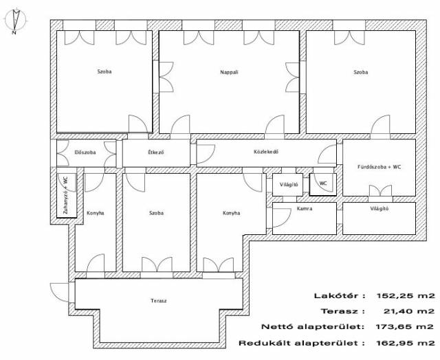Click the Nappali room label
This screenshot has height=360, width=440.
point(229,72)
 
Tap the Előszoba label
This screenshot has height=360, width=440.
point(85,153)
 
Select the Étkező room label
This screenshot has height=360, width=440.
point(156,153)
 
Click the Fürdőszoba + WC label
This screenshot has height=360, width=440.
point(379,167)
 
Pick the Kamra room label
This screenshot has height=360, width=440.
point(305,209)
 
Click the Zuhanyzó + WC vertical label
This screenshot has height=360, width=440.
point(66,195)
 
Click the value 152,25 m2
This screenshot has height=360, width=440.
point(405,295)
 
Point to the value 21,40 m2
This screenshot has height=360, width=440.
point(408,311)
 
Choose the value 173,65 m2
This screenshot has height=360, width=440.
point(404,327)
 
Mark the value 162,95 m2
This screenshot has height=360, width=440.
point(405,343)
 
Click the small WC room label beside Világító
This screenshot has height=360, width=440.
point(323,183)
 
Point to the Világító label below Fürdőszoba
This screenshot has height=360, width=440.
point(379,209)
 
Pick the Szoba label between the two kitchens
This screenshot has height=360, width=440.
point(156,213)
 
